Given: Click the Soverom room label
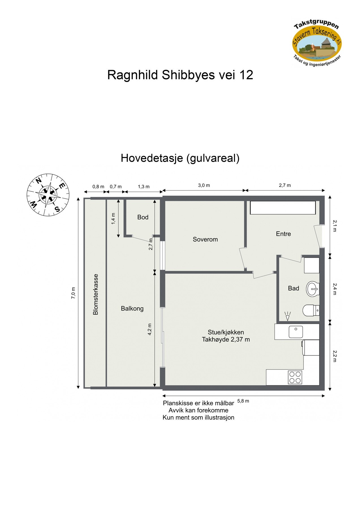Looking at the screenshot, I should (x=205, y=240).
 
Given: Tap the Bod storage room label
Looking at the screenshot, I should (x=143, y=217).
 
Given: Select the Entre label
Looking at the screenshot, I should (x=283, y=234).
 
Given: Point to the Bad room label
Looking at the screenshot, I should (x=294, y=288).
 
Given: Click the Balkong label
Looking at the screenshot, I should (x=132, y=309).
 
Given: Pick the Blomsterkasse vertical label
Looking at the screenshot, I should (x=96, y=294).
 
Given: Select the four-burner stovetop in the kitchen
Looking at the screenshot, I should (x=295, y=377).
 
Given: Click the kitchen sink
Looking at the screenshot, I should (x=296, y=332).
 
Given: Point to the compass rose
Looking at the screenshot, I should (x=48, y=195).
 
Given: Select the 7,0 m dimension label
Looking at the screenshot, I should (x=73, y=293).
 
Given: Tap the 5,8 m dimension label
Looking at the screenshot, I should (x=243, y=401).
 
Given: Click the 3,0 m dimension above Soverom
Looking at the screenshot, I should (x=204, y=186).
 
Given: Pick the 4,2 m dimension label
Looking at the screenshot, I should (x=150, y=329).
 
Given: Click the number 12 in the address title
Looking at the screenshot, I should (x=246, y=75).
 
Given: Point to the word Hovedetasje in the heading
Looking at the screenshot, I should (x=152, y=158).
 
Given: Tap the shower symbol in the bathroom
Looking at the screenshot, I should (x=288, y=316).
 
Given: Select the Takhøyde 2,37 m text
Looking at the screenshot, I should (x=226, y=340).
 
